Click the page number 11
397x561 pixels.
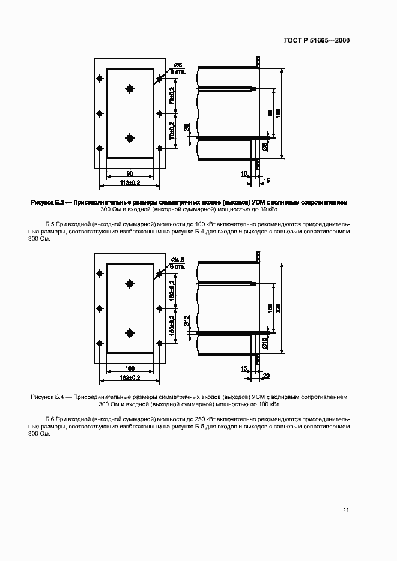pos(346,510)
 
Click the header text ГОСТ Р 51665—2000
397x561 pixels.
pos(317,41)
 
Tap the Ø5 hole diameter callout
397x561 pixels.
pos(178,65)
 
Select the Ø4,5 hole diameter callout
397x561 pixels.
pos(177,260)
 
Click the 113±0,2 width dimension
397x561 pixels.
pos(130,181)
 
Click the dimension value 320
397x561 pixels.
pos(277,307)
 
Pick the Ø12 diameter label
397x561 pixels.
pos(187,322)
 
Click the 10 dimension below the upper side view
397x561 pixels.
pos(244,173)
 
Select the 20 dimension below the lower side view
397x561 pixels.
pos(266,376)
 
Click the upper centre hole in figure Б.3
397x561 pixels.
pos(130,89)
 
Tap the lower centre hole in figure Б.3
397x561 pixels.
pos(130,138)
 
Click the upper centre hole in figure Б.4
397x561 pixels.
pos(130,283)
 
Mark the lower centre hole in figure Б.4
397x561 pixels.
pos(130,332)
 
